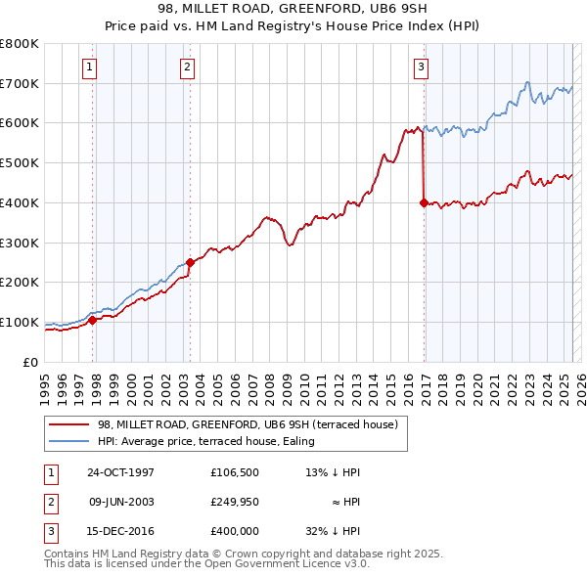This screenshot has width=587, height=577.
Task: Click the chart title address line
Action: (293, 9)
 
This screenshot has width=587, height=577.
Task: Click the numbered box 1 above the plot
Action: (89, 67)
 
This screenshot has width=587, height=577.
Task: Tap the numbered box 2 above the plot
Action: (186, 67)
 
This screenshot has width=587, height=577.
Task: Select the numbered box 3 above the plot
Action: (420, 67)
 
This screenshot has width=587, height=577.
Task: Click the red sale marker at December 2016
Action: (424, 202)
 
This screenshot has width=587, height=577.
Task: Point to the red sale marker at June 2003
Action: (190, 262)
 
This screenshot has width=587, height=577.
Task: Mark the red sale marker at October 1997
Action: (93, 319)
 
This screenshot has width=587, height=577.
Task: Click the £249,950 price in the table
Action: (235, 502)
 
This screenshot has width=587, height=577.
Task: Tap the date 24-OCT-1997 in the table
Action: (120, 472)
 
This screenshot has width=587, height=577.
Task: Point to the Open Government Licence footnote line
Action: (206, 563)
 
